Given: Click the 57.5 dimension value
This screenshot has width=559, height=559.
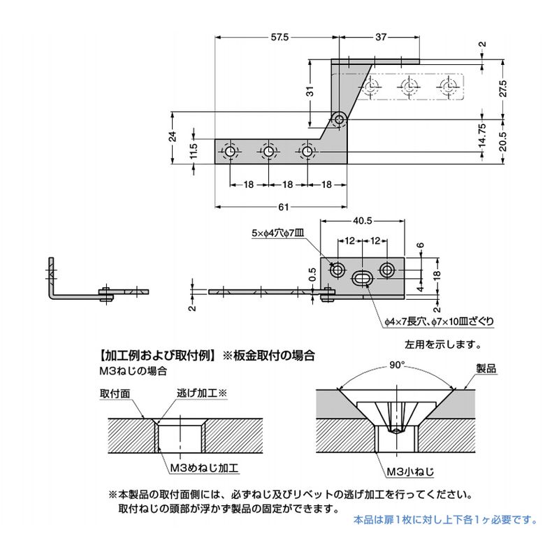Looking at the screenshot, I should tap(277, 38).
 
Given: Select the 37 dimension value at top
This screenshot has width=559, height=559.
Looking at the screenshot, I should tap(380, 38).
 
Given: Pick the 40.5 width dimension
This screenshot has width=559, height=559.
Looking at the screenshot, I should tap(362, 220).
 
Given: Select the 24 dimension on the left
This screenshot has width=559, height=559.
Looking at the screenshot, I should tap(173, 138).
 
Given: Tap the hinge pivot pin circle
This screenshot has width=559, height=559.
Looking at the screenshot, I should tap(340, 119).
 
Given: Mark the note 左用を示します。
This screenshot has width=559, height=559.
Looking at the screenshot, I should tap(442, 344).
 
